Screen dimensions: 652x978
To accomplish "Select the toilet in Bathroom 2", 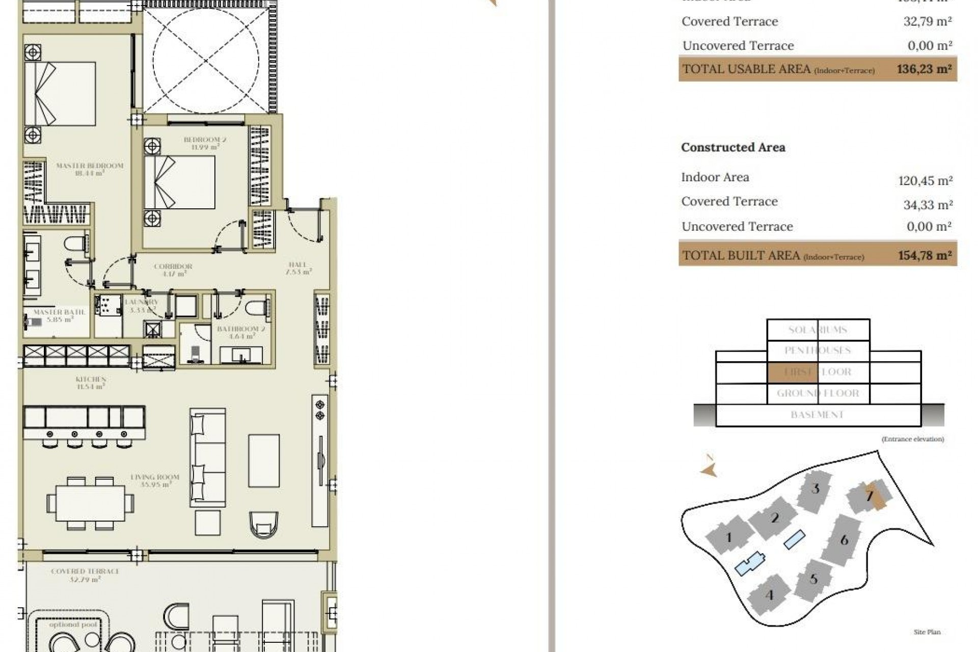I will pyautogui.click(x=255, y=309).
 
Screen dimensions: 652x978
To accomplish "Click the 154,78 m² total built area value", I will pyautogui.click(x=925, y=255).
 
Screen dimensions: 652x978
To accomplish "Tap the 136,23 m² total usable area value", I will pyautogui.click(x=924, y=69).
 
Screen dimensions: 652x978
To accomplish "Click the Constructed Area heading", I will pyautogui.click(x=733, y=147).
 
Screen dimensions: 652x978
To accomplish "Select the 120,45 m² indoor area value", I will pyautogui.click(x=925, y=180).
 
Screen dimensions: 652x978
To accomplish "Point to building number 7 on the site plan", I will pyautogui.click(x=870, y=495).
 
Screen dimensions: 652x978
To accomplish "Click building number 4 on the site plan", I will pyautogui.click(x=769, y=595).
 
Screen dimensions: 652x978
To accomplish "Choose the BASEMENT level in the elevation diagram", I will pyautogui.click(x=818, y=415).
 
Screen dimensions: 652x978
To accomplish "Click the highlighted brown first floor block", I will pyautogui.click(x=792, y=372).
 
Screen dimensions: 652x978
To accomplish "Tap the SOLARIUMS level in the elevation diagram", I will pyautogui.click(x=818, y=330).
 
